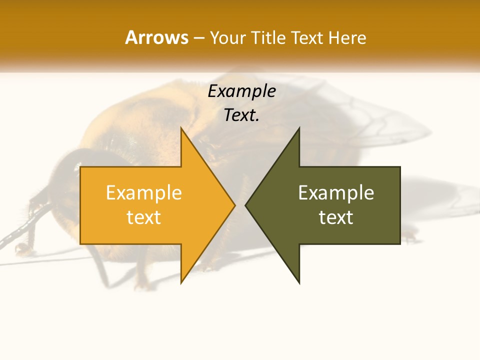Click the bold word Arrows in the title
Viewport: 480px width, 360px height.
point(156,37)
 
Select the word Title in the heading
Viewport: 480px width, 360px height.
point(268,37)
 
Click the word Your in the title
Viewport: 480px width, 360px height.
point(228,37)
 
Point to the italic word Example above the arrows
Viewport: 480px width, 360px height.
point(241,91)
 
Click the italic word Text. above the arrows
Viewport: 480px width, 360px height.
point(241,115)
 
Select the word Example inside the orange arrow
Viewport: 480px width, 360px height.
point(144,193)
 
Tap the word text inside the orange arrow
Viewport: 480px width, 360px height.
point(144,217)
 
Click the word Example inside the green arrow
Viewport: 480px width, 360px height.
point(336,193)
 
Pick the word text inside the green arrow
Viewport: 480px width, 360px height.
point(336,217)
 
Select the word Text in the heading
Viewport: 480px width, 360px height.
point(307,37)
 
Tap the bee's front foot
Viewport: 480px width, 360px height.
point(22,248)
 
